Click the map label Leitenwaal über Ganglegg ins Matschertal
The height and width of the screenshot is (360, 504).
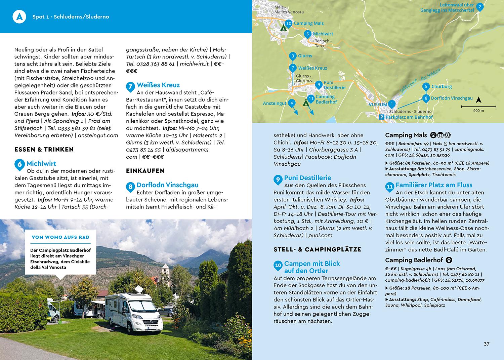point(447,8)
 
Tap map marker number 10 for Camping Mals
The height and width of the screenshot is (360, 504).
point(288,23)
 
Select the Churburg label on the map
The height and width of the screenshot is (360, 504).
point(442,87)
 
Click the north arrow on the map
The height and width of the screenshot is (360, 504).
point(478,100)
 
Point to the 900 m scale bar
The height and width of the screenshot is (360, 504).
point(478,107)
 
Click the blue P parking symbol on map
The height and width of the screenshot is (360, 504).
point(381,117)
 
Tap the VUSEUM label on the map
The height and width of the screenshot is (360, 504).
point(378,105)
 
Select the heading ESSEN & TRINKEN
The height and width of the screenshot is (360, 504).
point(44,150)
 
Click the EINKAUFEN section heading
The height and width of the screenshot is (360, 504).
point(145,171)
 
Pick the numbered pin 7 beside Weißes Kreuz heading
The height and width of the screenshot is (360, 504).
point(130,87)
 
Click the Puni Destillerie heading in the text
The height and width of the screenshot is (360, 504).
point(307,178)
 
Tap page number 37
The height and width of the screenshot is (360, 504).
point(487,344)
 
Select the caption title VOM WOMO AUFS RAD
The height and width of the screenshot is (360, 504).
point(60,237)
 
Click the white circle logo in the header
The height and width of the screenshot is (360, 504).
point(19,16)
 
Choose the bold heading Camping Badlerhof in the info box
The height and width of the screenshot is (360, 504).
point(414,260)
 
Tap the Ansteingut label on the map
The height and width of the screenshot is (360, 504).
point(275,103)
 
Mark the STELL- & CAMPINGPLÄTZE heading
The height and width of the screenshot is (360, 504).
point(318,249)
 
